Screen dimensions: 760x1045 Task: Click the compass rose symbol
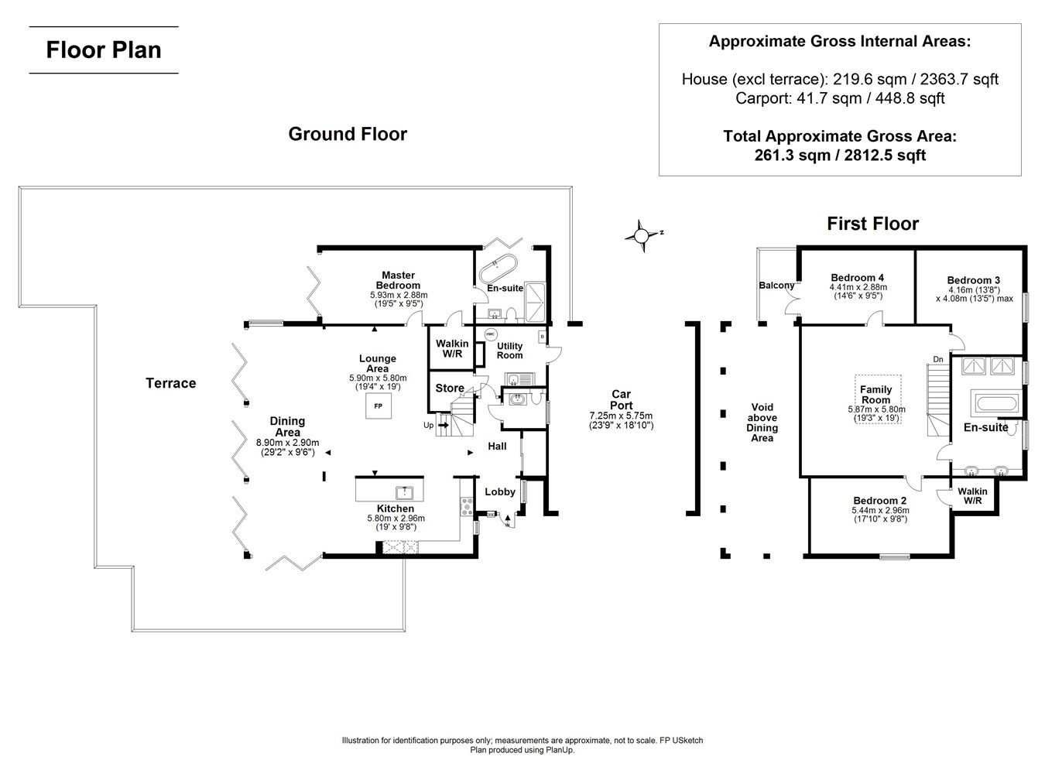coord(642,235)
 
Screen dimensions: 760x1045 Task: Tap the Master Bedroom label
coord(399,280)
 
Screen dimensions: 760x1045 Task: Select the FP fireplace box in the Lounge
coord(378,406)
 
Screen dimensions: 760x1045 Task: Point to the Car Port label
coord(621,400)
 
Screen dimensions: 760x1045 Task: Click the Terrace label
coord(171,383)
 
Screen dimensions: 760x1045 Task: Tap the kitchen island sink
coord(404,492)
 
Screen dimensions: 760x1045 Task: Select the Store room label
coord(450,389)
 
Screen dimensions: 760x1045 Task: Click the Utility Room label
coord(509,351)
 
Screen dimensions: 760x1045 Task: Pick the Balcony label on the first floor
coord(776,286)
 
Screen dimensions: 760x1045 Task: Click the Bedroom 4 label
coord(857,278)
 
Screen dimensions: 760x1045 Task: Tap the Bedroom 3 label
coord(973,280)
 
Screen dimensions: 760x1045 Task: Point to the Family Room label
coord(876,395)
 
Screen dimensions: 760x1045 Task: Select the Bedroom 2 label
coord(880,501)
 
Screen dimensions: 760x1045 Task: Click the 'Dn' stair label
coord(938,359)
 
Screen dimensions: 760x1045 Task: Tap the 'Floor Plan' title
coord(104,50)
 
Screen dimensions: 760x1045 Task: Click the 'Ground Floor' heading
coord(348,134)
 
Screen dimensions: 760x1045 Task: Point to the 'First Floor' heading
coord(872,224)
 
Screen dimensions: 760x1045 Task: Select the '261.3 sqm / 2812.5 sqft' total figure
coord(840,156)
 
